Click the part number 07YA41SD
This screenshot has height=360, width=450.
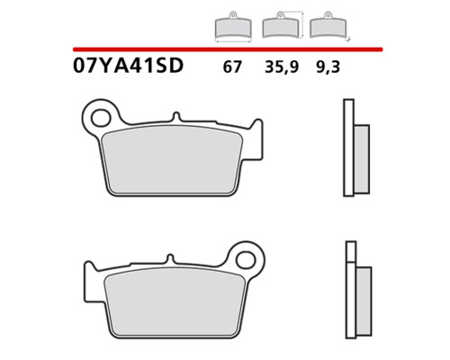pyautogui.click(x=128, y=66)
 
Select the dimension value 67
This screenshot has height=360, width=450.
pyautogui.click(x=232, y=67)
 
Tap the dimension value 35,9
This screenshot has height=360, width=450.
pyautogui.click(x=282, y=67)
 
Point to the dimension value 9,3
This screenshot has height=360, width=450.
pyautogui.click(x=328, y=67)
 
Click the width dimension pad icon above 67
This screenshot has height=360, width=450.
pyautogui.click(x=233, y=27)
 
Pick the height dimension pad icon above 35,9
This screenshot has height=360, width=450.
pyautogui.click(x=283, y=25)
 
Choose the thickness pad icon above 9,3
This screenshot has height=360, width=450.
pyautogui.click(x=328, y=26)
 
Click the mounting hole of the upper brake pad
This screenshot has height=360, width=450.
pyautogui.click(x=101, y=118)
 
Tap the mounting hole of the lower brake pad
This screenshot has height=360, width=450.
pyautogui.click(x=246, y=260)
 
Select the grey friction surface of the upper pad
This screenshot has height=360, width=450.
pyautogui.click(x=172, y=159)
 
